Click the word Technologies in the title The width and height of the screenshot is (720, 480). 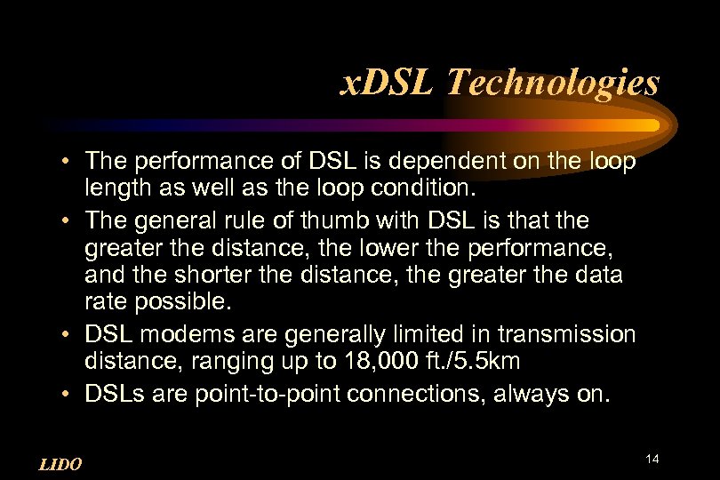[553, 83]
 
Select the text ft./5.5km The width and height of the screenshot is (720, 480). [475, 361]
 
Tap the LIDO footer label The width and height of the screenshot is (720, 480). [61, 463]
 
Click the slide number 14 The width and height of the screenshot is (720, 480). [652, 459]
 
